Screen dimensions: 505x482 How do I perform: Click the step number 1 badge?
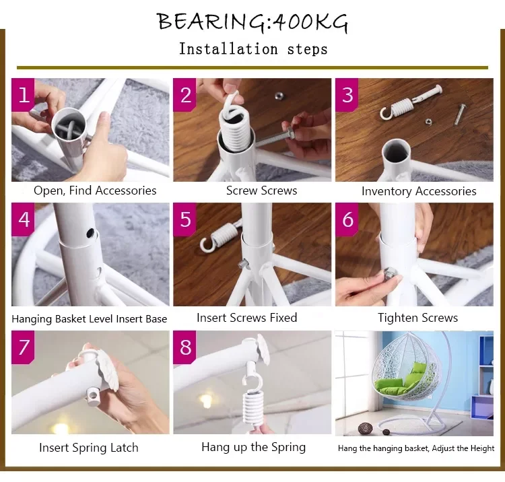coord(23,95)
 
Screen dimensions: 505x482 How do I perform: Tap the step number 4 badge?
coord(23,219)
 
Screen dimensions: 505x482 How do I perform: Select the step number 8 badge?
coord(184,347)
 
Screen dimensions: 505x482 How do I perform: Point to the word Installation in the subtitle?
coord(228,49)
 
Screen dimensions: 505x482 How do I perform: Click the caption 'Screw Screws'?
coord(261,191)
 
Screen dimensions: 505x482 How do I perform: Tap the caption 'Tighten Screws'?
coord(417,318)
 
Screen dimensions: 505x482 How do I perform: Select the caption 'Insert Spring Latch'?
coord(89,448)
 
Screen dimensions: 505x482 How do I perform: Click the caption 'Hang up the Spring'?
coord(253,447)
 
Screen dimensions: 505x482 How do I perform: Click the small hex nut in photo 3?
coord(428,122)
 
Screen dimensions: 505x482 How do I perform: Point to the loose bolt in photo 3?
coord(461,114)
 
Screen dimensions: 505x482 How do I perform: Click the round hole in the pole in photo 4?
coord(92,232)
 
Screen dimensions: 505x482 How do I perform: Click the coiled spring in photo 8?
coord(253,408)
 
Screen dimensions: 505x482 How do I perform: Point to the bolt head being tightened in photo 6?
coord(390,274)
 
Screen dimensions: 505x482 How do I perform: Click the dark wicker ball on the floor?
coord(365,429)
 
